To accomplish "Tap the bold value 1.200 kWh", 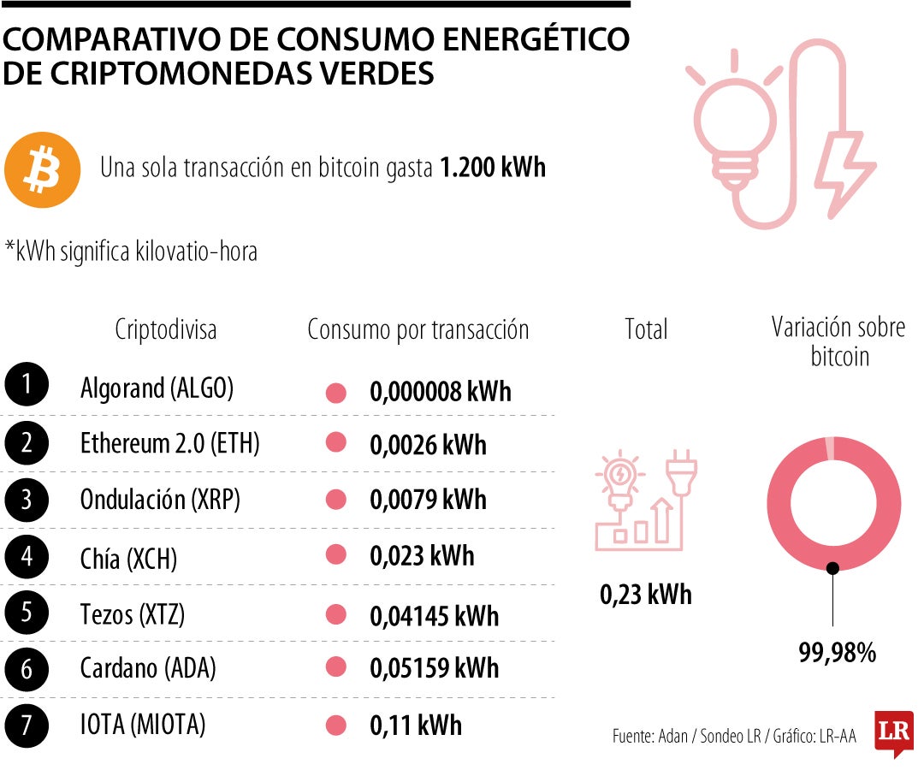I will (x=492, y=167).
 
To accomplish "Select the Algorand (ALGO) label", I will (x=157, y=388).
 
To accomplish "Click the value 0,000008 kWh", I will (x=440, y=392).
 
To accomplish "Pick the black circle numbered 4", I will (x=27, y=558).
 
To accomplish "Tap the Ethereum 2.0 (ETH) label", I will (x=169, y=443).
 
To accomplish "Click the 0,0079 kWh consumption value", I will (x=428, y=499).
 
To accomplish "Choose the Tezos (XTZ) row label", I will (x=132, y=614).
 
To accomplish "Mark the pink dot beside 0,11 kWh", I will (x=336, y=726).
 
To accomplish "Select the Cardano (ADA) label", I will (x=147, y=669).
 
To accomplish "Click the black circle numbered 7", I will (x=27, y=726).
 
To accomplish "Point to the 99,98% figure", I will (x=838, y=653).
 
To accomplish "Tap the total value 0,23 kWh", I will (x=646, y=595).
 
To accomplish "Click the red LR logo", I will (x=893, y=732).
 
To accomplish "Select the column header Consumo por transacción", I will (x=418, y=330).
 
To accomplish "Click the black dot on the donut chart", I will (x=832, y=566).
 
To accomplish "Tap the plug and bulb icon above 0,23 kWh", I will (x=646, y=500).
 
